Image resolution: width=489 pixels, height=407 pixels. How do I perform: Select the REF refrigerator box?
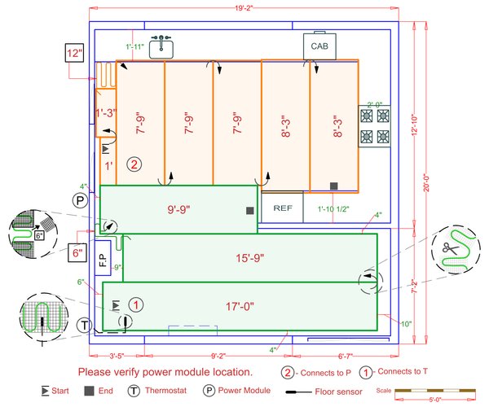[x=283, y=208]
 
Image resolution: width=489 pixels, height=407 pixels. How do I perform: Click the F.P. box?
[x=103, y=254]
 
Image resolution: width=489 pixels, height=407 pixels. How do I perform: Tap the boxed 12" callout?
[x=75, y=55]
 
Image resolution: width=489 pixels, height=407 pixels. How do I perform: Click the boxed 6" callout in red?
[x=77, y=252]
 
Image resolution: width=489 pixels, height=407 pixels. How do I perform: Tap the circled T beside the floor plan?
[x=85, y=326]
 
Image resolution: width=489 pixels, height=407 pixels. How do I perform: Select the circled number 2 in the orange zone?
[x=134, y=164]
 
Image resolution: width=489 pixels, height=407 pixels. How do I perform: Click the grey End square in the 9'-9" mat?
[x=249, y=212]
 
